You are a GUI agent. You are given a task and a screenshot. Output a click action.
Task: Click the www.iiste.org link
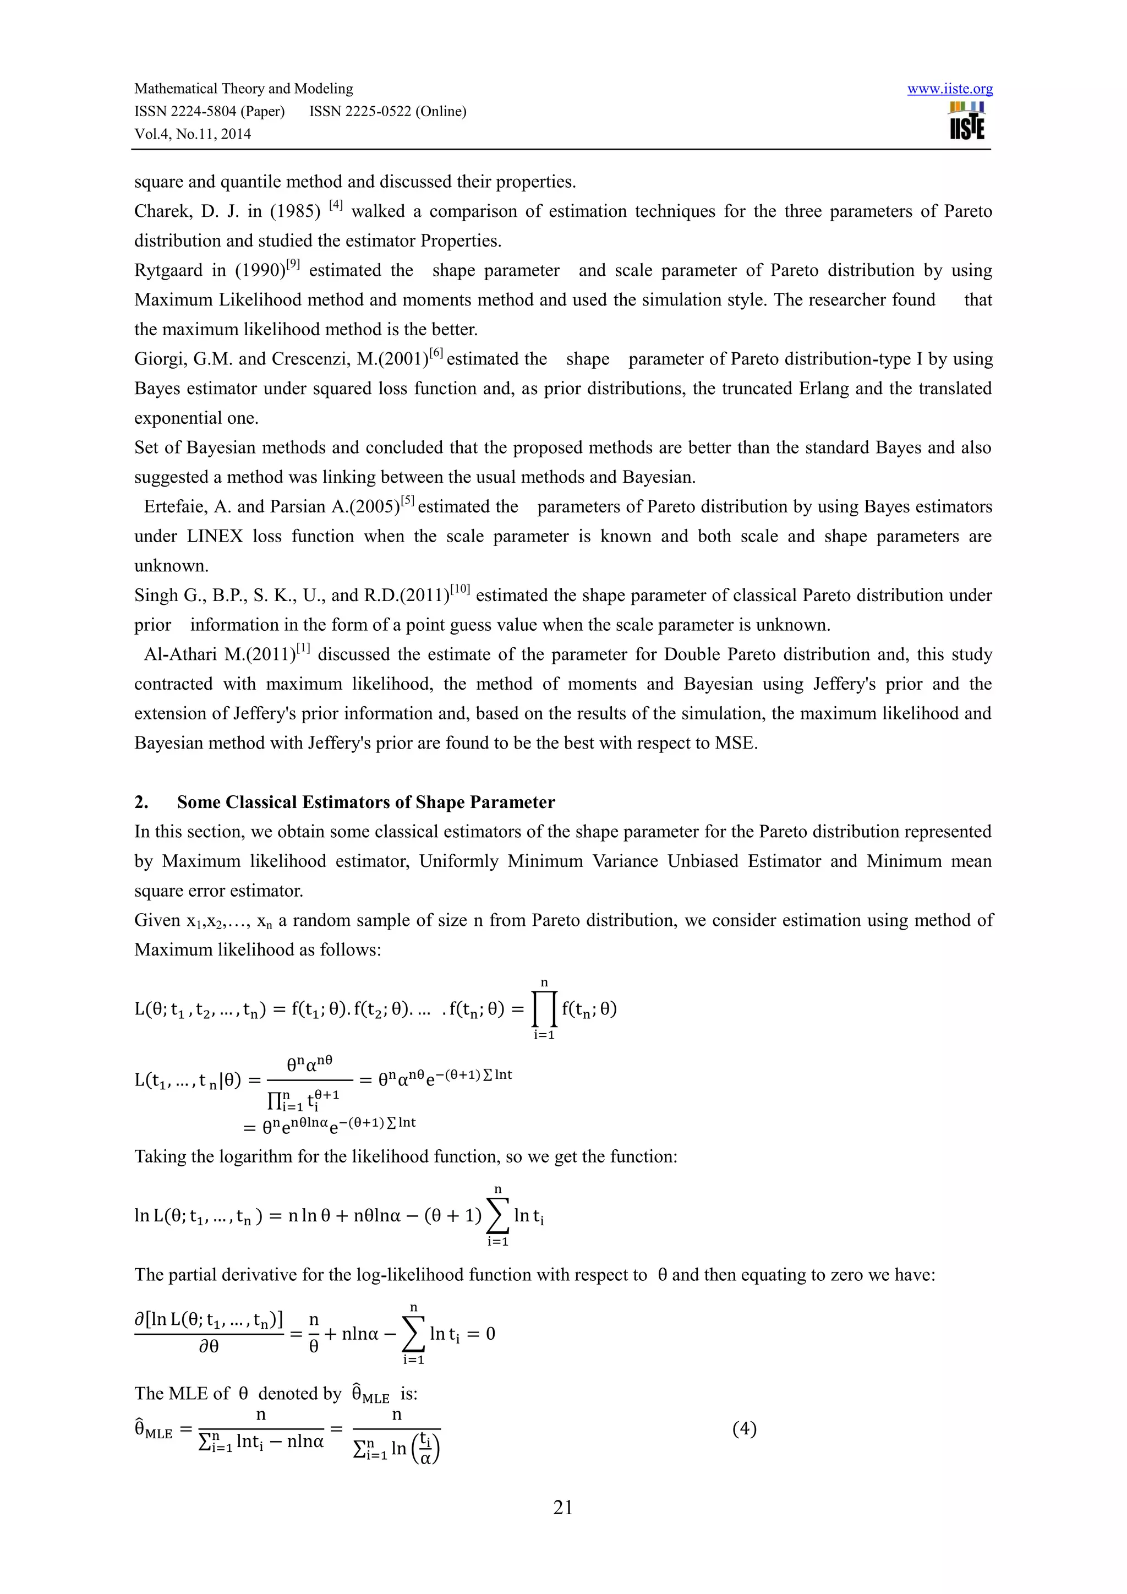(949, 89)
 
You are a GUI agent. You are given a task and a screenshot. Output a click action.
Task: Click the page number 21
(563, 1506)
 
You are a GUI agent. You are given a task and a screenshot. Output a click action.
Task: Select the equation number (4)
(744, 1429)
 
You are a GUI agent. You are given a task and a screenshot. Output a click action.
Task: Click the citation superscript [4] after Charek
(336, 205)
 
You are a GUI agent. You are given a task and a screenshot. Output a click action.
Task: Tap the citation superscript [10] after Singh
(459, 589)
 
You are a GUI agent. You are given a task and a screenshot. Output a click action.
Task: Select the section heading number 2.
(141, 802)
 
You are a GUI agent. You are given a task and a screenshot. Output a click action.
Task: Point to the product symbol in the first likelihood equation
(544, 1009)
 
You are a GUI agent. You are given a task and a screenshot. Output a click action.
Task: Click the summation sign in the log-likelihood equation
(497, 1216)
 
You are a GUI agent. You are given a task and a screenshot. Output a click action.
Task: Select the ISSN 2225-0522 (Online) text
(387, 111)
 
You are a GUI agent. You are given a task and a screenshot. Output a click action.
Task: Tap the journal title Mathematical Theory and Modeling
(244, 88)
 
